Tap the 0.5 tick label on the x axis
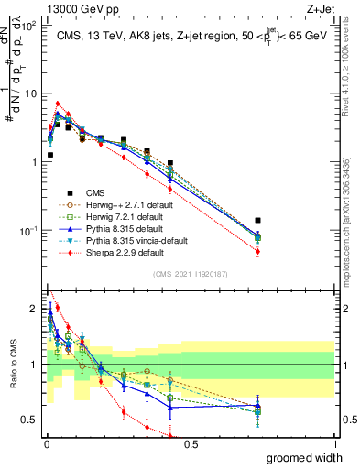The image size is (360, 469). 191,443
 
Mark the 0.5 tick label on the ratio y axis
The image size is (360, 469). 29,420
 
